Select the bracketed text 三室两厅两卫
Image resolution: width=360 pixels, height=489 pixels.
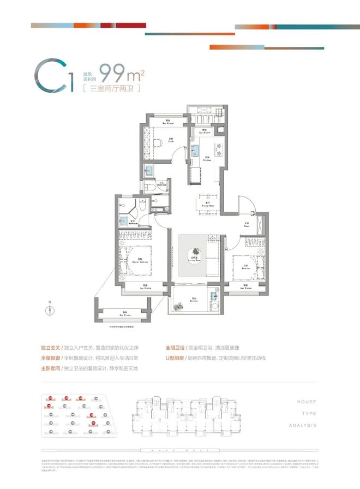point(111,89)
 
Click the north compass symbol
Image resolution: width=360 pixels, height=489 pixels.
point(50,309)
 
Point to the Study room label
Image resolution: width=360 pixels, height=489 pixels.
point(171,139)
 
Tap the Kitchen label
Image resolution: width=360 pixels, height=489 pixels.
point(207,159)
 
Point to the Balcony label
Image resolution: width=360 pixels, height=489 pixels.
point(193,299)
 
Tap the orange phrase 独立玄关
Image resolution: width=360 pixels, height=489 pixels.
point(50,348)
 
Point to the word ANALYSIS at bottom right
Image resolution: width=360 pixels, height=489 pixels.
point(307,425)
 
